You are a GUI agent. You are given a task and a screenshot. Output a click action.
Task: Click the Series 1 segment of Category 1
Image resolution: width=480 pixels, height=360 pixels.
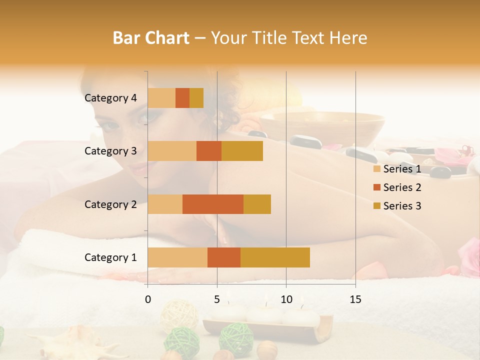(x=177, y=257)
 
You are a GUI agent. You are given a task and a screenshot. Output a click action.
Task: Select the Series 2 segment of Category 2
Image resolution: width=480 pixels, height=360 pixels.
(x=213, y=204)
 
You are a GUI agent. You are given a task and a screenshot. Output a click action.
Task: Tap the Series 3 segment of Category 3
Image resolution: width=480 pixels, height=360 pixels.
(x=242, y=151)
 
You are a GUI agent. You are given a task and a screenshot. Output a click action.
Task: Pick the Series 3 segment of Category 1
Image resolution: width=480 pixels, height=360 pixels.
(x=275, y=257)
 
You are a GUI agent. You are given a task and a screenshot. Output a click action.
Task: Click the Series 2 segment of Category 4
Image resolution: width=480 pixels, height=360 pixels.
(x=182, y=98)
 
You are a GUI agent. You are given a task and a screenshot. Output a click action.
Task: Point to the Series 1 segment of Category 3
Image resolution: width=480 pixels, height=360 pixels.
(x=172, y=151)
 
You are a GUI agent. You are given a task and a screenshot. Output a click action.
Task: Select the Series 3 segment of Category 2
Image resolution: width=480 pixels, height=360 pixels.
(x=257, y=204)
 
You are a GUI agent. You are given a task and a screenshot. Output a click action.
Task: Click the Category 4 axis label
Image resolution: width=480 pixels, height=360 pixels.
(x=110, y=98)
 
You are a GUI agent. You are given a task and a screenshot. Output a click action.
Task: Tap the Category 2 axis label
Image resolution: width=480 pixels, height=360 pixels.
(x=110, y=204)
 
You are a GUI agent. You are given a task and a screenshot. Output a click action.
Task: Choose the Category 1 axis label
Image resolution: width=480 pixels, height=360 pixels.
(x=110, y=257)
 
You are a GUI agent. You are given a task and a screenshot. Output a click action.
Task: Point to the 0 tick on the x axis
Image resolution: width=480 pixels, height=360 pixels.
(x=148, y=299)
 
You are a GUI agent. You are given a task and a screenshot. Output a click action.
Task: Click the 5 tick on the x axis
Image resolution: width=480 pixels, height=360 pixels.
(x=217, y=299)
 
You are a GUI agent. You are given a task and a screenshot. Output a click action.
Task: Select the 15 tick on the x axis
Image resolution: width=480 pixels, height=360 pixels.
(x=355, y=299)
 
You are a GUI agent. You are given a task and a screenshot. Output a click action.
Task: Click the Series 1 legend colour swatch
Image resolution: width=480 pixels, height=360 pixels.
(x=376, y=169)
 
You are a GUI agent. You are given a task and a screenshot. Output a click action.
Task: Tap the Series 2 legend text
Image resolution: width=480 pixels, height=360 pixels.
(x=402, y=187)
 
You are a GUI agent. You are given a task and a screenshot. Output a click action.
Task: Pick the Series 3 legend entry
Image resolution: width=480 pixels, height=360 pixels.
(x=397, y=206)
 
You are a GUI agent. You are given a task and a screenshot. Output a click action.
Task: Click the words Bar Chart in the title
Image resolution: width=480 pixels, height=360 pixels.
(x=151, y=38)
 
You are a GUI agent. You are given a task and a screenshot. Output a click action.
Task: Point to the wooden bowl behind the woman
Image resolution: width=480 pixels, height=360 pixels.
(x=322, y=127)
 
